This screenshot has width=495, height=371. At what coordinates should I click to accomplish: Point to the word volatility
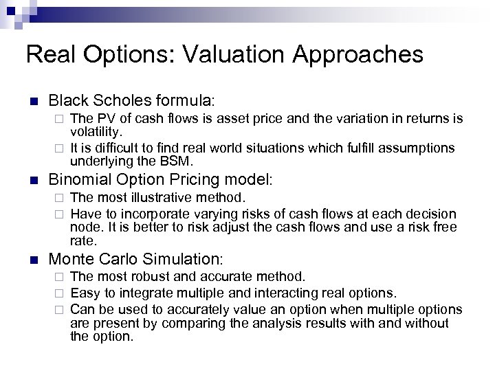click(x=96, y=131)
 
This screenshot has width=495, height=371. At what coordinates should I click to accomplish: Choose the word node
click(x=83, y=227)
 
